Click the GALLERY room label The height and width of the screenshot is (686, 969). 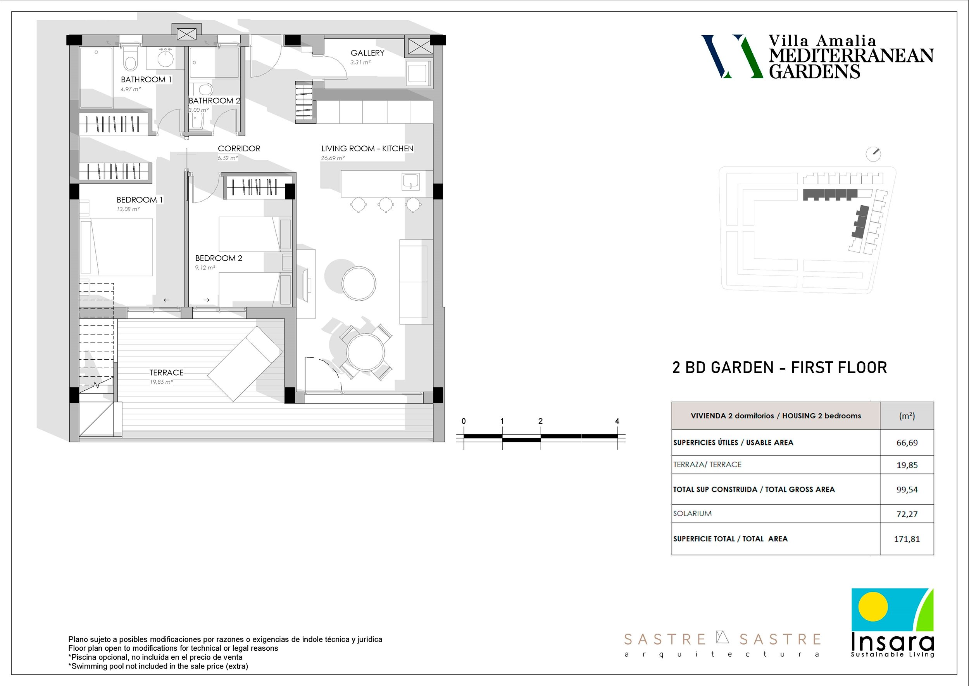pos(367,53)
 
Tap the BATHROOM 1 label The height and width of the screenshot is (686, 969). pos(146,80)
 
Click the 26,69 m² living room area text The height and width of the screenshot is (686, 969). pos(333,158)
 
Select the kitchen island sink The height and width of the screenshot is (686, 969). pos(410,181)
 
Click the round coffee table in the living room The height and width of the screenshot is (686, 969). pos(359,283)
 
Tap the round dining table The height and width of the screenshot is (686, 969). pos(366,352)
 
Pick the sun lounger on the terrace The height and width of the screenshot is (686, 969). pos(245,364)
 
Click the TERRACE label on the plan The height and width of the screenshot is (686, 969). pos(166,372)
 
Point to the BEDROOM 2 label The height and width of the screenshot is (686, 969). pos(219,258)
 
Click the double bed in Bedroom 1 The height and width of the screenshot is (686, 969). pos(116,247)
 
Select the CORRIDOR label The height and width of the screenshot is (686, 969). pos(239,148)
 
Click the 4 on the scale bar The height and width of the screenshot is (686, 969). pos(617,421)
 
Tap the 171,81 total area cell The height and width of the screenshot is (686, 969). pos(907,539)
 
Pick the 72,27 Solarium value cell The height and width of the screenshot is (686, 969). pos(907,514)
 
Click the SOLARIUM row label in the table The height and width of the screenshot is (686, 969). pos(692,514)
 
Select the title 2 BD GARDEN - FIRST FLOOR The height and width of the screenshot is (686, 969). pos(779,367)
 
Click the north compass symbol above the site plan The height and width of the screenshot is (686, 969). pos(873,154)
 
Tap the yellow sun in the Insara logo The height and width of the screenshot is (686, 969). pos(873,606)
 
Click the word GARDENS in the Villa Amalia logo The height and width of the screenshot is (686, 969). pos(814,71)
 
